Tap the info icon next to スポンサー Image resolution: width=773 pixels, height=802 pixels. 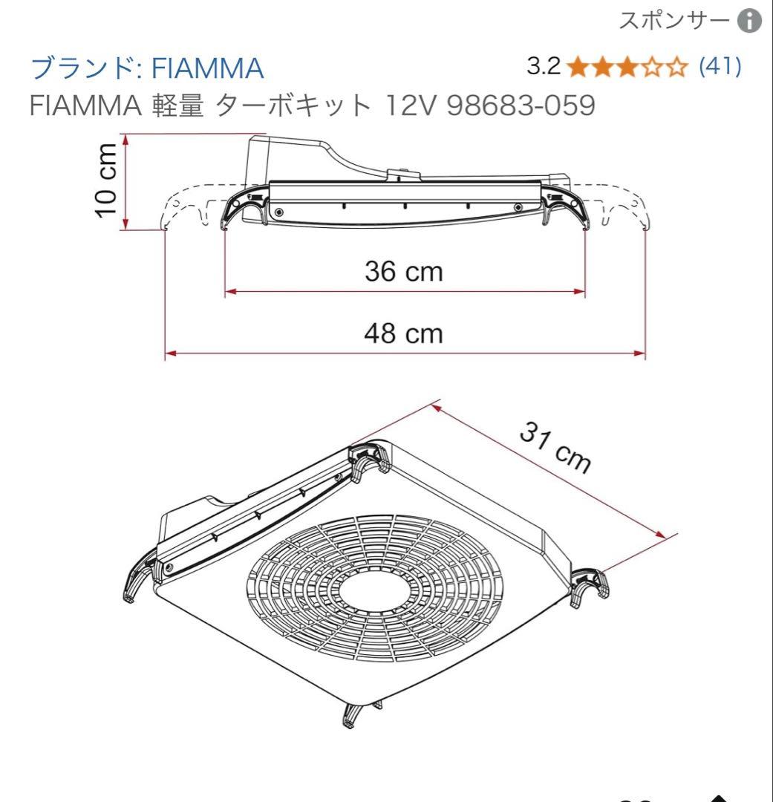coord(749,22)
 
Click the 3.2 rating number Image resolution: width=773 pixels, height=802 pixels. coord(543,67)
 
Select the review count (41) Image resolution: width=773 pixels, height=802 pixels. coord(720,67)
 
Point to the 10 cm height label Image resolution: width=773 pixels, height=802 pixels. coord(108,180)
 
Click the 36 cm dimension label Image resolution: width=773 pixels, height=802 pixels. coord(403,271)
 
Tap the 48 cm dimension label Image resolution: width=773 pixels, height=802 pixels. coord(403,333)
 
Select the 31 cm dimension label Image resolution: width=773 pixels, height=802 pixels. coord(555,448)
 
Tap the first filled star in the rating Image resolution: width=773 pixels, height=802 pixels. coord(576,68)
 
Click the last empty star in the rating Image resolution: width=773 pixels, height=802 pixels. coord(676,68)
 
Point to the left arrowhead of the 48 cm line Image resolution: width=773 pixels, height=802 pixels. coord(170,353)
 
